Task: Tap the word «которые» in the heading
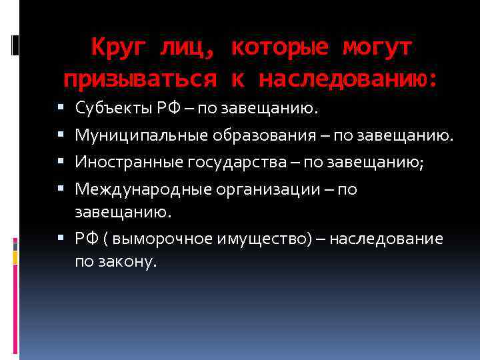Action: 280,47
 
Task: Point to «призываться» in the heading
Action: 140,79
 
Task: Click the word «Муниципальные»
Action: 141,135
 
